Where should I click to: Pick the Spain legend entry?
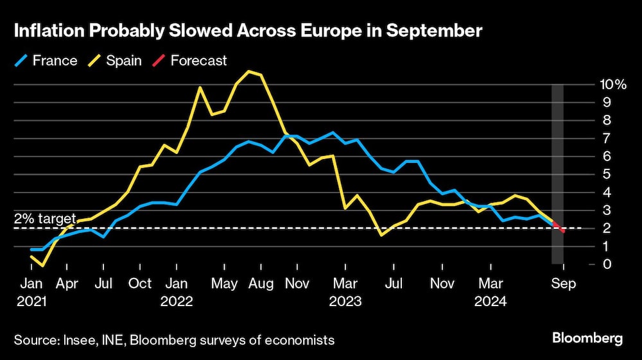(x=115, y=61)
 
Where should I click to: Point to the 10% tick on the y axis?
(x=612, y=84)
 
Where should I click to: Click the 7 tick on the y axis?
(x=606, y=138)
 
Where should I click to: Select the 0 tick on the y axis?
(x=606, y=264)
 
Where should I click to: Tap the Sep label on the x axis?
(x=564, y=283)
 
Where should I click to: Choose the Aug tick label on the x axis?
(x=261, y=283)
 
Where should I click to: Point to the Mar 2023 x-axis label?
(x=346, y=291)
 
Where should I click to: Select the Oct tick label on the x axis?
(x=140, y=283)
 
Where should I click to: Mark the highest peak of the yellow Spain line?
(x=249, y=71)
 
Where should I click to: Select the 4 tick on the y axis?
(x=606, y=192)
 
